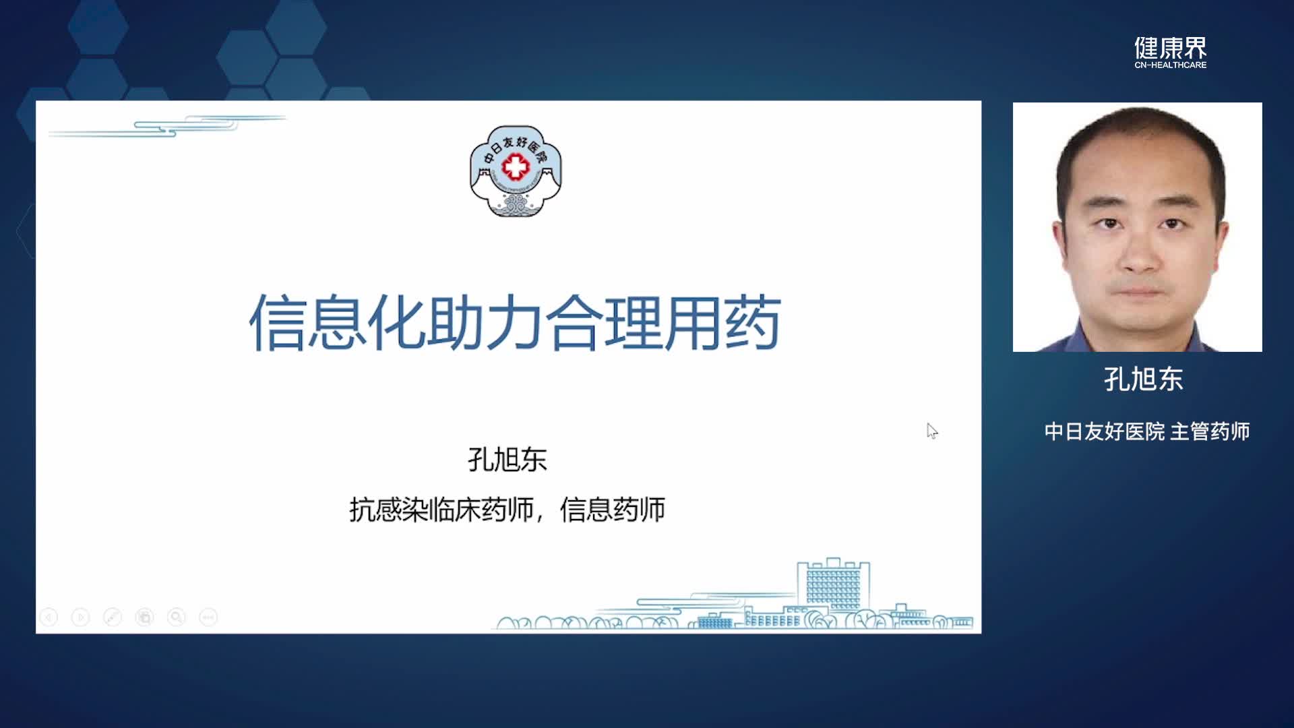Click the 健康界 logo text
(x=1170, y=48)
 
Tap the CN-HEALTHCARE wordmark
(x=1171, y=65)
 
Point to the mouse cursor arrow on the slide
(x=932, y=431)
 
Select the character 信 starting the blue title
(x=277, y=323)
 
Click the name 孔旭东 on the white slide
(x=507, y=460)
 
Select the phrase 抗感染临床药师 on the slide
(x=441, y=510)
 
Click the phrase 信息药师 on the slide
(x=613, y=510)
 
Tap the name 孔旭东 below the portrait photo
(x=1144, y=380)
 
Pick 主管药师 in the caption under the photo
(x=1210, y=431)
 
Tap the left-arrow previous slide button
(x=49, y=617)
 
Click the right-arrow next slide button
(x=80, y=617)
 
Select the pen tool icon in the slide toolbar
(x=113, y=617)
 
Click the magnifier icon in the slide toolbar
(x=177, y=617)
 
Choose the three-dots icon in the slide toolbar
(x=208, y=617)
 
